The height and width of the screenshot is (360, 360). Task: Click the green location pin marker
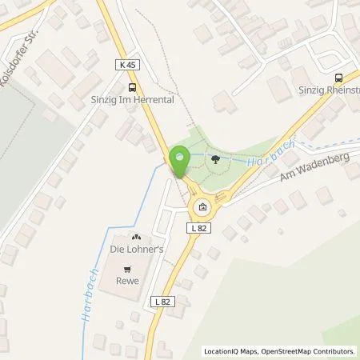coord(179,160)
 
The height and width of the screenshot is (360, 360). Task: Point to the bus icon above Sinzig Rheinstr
coord(338,78)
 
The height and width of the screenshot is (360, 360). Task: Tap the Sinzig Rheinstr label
coord(328,91)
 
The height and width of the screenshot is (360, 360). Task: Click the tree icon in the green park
coord(215,160)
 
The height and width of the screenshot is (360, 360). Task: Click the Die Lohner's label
coord(134,250)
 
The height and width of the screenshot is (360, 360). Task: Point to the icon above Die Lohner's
coord(134,238)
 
